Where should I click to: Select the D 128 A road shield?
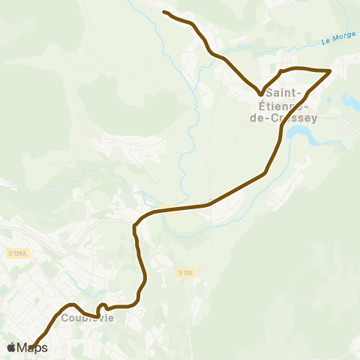click(x=15, y=253)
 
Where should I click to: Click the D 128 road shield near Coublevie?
click(x=186, y=274)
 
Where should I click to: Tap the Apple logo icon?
click(x=11, y=347)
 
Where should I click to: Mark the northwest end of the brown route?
click(x=164, y=13)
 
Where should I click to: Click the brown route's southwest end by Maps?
click(x=31, y=346)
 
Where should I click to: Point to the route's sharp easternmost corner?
click(x=330, y=71)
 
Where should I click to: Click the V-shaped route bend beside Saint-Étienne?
click(x=260, y=94)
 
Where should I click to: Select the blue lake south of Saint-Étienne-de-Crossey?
click(x=303, y=135)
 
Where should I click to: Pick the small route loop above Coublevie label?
click(x=102, y=307)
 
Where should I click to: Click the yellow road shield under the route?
click(x=169, y=208)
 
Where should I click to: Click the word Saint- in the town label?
click(x=285, y=93)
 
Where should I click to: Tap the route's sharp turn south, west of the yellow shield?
click(x=135, y=224)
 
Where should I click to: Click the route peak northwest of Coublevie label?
click(x=71, y=304)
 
